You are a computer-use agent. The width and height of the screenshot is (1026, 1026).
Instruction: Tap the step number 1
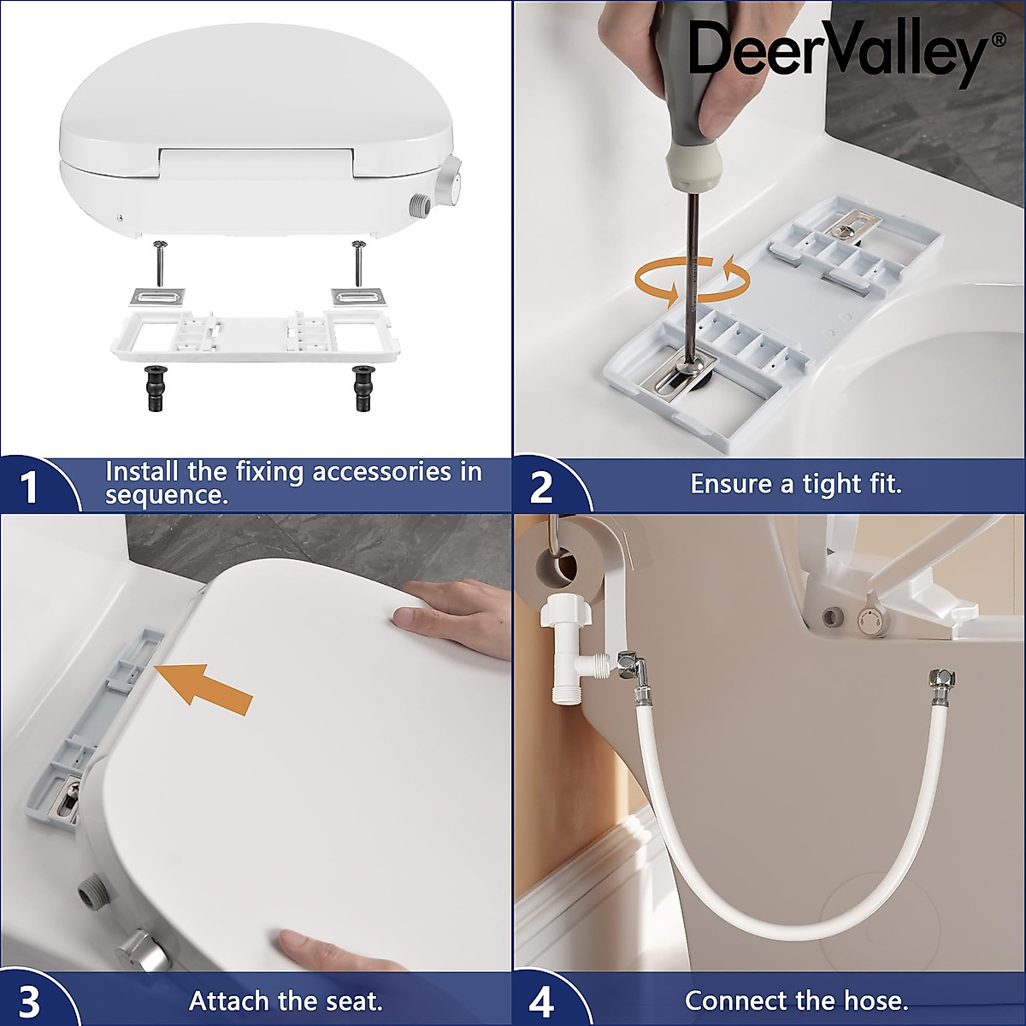(x=30, y=487)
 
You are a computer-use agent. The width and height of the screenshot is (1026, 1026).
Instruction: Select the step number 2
(x=541, y=487)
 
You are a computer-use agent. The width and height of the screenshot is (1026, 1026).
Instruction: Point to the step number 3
(x=30, y=1000)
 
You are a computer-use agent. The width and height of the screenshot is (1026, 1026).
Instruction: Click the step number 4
(x=541, y=1000)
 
